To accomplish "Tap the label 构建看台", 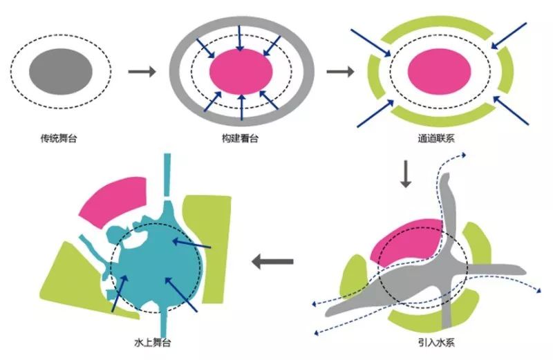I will click(x=241, y=138).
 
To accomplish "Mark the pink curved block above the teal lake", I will click(x=114, y=200).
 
